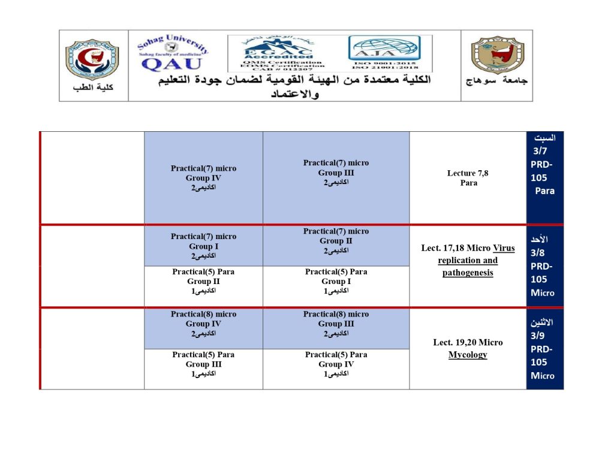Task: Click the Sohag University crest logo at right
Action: click(x=496, y=57)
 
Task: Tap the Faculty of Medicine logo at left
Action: click(x=92, y=61)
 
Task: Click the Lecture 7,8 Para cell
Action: click(x=468, y=178)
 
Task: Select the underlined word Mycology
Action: click(x=468, y=355)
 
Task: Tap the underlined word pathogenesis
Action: click(x=468, y=273)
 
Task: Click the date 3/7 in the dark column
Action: click(x=540, y=151)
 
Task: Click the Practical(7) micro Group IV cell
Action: click(x=203, y=178)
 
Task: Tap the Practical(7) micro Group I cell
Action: click(x=203, y=246)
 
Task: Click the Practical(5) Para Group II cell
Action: click(x=203, y=281)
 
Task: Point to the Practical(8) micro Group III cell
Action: click(x=336, y=324)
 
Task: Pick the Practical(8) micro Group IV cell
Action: click(x=203, y=324)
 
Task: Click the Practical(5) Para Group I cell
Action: click(x=336, y=281)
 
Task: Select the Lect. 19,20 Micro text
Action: click(x=468, y=343)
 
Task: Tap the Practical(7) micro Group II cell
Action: click(x=336, y=241)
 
